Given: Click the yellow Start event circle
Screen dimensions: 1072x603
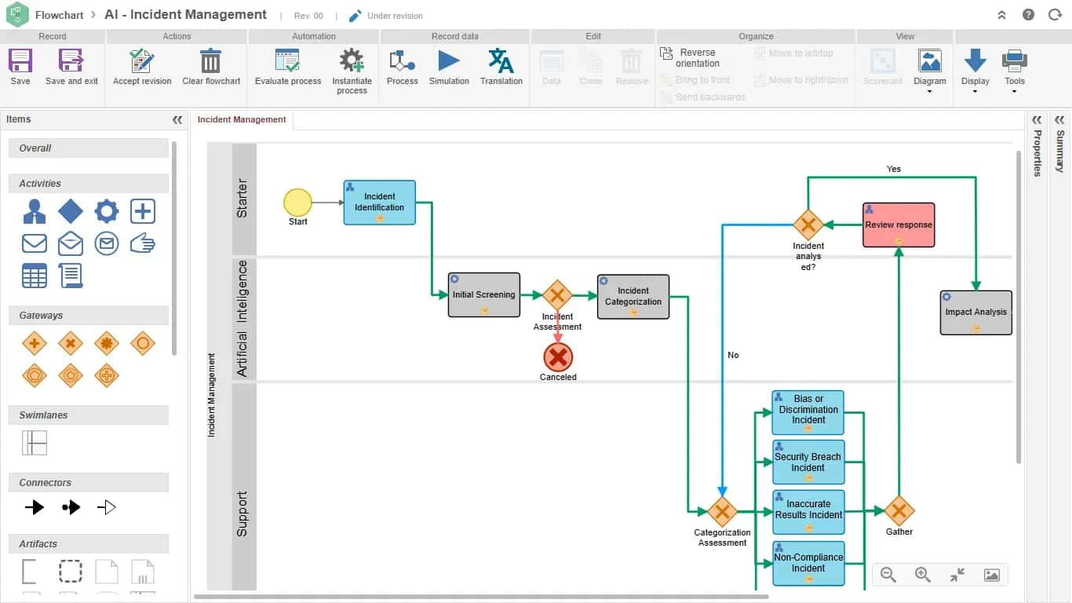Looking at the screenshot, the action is [x=297, y=202].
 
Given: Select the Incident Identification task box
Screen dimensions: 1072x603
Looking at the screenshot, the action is [x=380, y=202].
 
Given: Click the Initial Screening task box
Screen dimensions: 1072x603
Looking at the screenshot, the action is [x=484, y=294].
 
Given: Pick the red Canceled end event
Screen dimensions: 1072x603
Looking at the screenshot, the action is [x=558, y=356].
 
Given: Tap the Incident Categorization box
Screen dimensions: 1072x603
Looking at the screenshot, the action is [x=633, y=297].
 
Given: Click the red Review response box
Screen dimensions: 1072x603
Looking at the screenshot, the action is [x=899, y=225].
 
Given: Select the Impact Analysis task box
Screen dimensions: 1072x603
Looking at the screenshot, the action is [x=975, y=312].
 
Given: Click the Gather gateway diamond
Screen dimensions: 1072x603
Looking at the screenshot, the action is [x=899, y=510].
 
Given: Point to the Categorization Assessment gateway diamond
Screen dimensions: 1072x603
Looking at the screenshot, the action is [x=722, y=511].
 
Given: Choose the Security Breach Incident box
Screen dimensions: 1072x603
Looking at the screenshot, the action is [x=808, y=462].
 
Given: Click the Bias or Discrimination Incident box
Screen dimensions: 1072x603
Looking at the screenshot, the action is [x=808, y=412].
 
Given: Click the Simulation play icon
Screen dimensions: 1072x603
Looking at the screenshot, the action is [x=448, y=60].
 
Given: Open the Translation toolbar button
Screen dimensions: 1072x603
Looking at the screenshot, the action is [x=501, y=67].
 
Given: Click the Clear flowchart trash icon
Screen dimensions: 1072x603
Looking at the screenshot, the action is [x=210, y=60].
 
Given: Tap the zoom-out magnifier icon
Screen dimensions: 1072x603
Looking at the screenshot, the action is [x=888, y=574].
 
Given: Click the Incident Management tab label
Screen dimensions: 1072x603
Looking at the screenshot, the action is [x=241, y=119].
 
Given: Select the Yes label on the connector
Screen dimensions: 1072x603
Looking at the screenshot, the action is [x=894, y=169].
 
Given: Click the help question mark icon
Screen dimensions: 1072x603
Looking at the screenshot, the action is [x=1028, y=15].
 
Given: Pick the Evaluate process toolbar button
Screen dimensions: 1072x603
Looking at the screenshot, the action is [x=288, y=67].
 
